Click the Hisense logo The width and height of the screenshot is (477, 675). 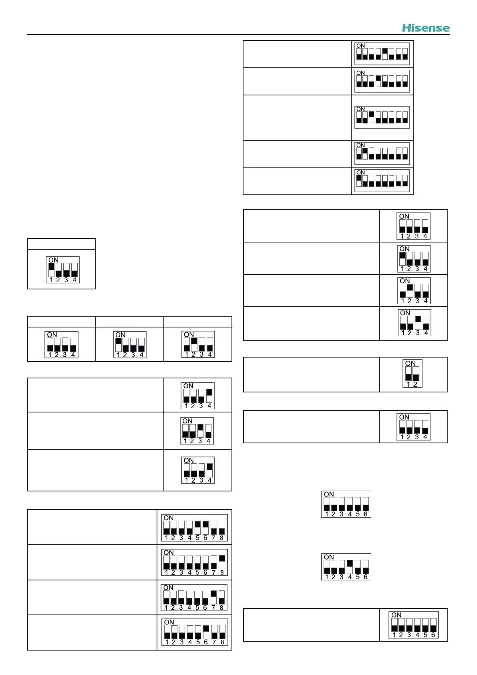(426, 28)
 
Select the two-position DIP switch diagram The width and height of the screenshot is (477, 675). (413, 374)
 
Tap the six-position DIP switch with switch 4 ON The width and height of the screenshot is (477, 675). (346, 567)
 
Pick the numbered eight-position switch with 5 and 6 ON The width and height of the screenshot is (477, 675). (194, 528)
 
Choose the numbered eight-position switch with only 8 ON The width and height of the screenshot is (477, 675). (194, 562)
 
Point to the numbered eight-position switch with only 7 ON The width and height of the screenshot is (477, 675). (194, 598)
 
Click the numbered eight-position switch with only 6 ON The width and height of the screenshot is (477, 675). (194, 632)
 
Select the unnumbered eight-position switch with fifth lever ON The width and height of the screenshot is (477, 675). (382, 54)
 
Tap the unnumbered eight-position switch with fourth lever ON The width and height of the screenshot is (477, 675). (382, 81)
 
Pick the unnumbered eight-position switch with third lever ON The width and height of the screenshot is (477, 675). (382, 117)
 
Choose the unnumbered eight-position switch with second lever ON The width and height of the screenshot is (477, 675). (382, 154)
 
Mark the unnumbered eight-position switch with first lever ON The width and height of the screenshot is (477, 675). (382, 181)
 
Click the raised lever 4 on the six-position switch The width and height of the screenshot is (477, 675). (350, 564)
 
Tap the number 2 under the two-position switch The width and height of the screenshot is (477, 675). (415, 384)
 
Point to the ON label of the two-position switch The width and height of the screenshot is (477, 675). (411, 364)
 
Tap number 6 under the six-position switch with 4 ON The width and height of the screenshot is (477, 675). (366, 577)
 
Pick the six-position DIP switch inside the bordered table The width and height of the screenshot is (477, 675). (414, 625)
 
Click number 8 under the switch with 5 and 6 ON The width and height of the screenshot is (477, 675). (221, 538)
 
